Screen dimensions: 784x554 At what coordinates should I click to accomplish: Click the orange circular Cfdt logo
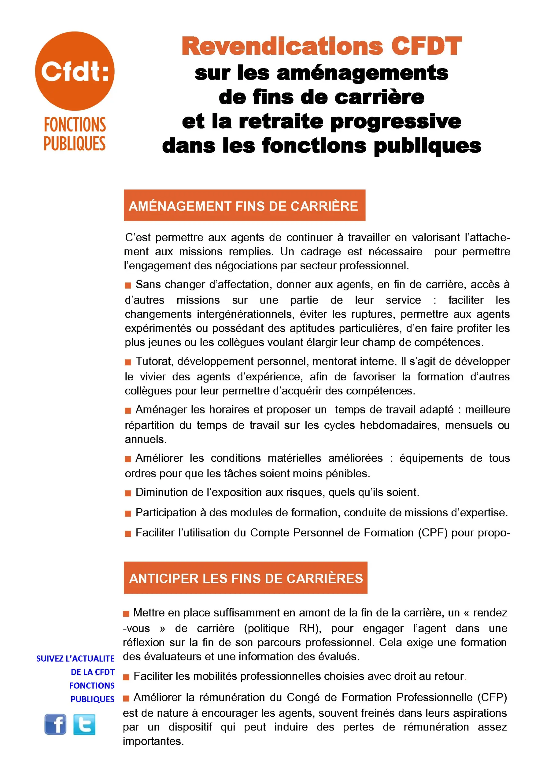point(75,71)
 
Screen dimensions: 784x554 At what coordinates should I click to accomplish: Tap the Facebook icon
point(55,724)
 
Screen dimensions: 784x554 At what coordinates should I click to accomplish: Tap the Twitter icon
point(84,724)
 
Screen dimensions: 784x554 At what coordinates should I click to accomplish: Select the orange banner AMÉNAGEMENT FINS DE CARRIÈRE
point(244,206)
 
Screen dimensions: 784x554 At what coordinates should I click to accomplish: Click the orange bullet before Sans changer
point(128,285)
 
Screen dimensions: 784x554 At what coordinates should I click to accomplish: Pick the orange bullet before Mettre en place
point(126,614)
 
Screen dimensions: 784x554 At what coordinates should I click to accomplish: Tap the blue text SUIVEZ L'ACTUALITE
point(76,659)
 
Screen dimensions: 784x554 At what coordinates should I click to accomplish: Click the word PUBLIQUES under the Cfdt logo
point(75,144)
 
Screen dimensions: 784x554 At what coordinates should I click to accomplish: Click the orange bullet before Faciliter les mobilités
point(126,677)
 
